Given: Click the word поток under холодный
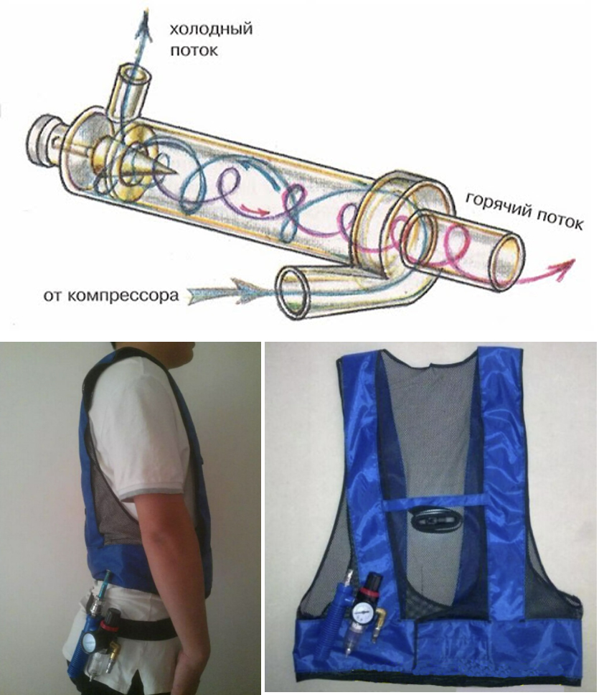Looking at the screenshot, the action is point(194,50).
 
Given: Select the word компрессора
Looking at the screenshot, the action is point(123,295).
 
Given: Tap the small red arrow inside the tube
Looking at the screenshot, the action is point(255,210).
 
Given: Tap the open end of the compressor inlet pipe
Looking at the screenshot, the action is point(292,294).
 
